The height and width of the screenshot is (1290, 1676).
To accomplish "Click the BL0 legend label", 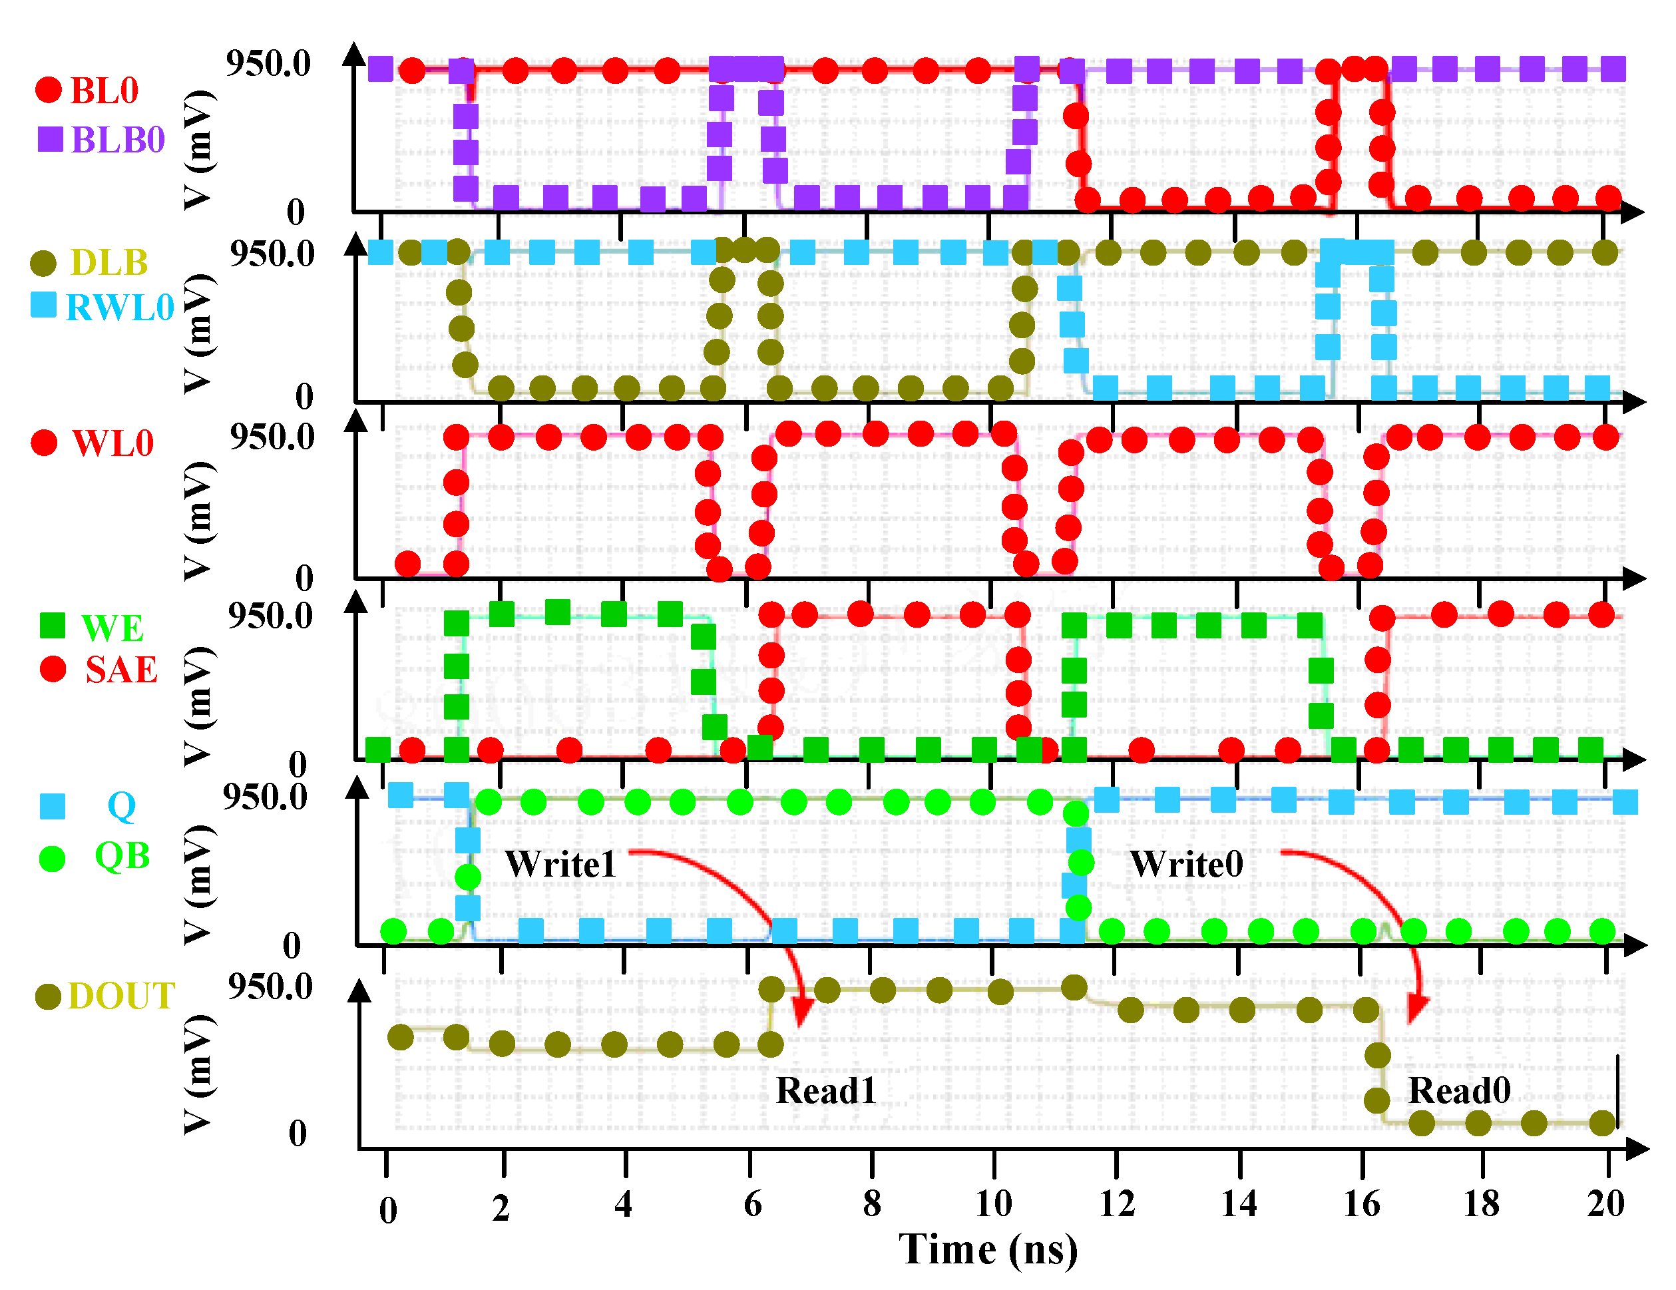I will pos(104,91).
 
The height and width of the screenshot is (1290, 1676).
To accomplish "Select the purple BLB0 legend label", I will pos(117,140).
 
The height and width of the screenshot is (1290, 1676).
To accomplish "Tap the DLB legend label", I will pos(109,262).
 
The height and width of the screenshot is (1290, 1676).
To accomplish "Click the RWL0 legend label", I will pos(120,308).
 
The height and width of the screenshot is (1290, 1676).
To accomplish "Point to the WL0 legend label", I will pos(112,443).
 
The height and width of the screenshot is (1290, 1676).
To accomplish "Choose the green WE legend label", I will pos(112,628).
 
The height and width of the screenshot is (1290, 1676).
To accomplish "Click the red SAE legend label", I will pos(120,669).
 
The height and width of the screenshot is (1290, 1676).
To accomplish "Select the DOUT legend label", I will pos(121,996).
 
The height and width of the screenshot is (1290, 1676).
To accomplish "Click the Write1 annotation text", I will pos(560,864).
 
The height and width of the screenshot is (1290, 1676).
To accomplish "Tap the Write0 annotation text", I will pos(1186,864).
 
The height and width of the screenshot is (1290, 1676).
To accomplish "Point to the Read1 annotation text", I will pos(826,1090).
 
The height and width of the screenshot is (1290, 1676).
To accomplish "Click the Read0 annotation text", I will pos(1459,1090).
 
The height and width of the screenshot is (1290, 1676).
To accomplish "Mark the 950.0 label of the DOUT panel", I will pos(270,987).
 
